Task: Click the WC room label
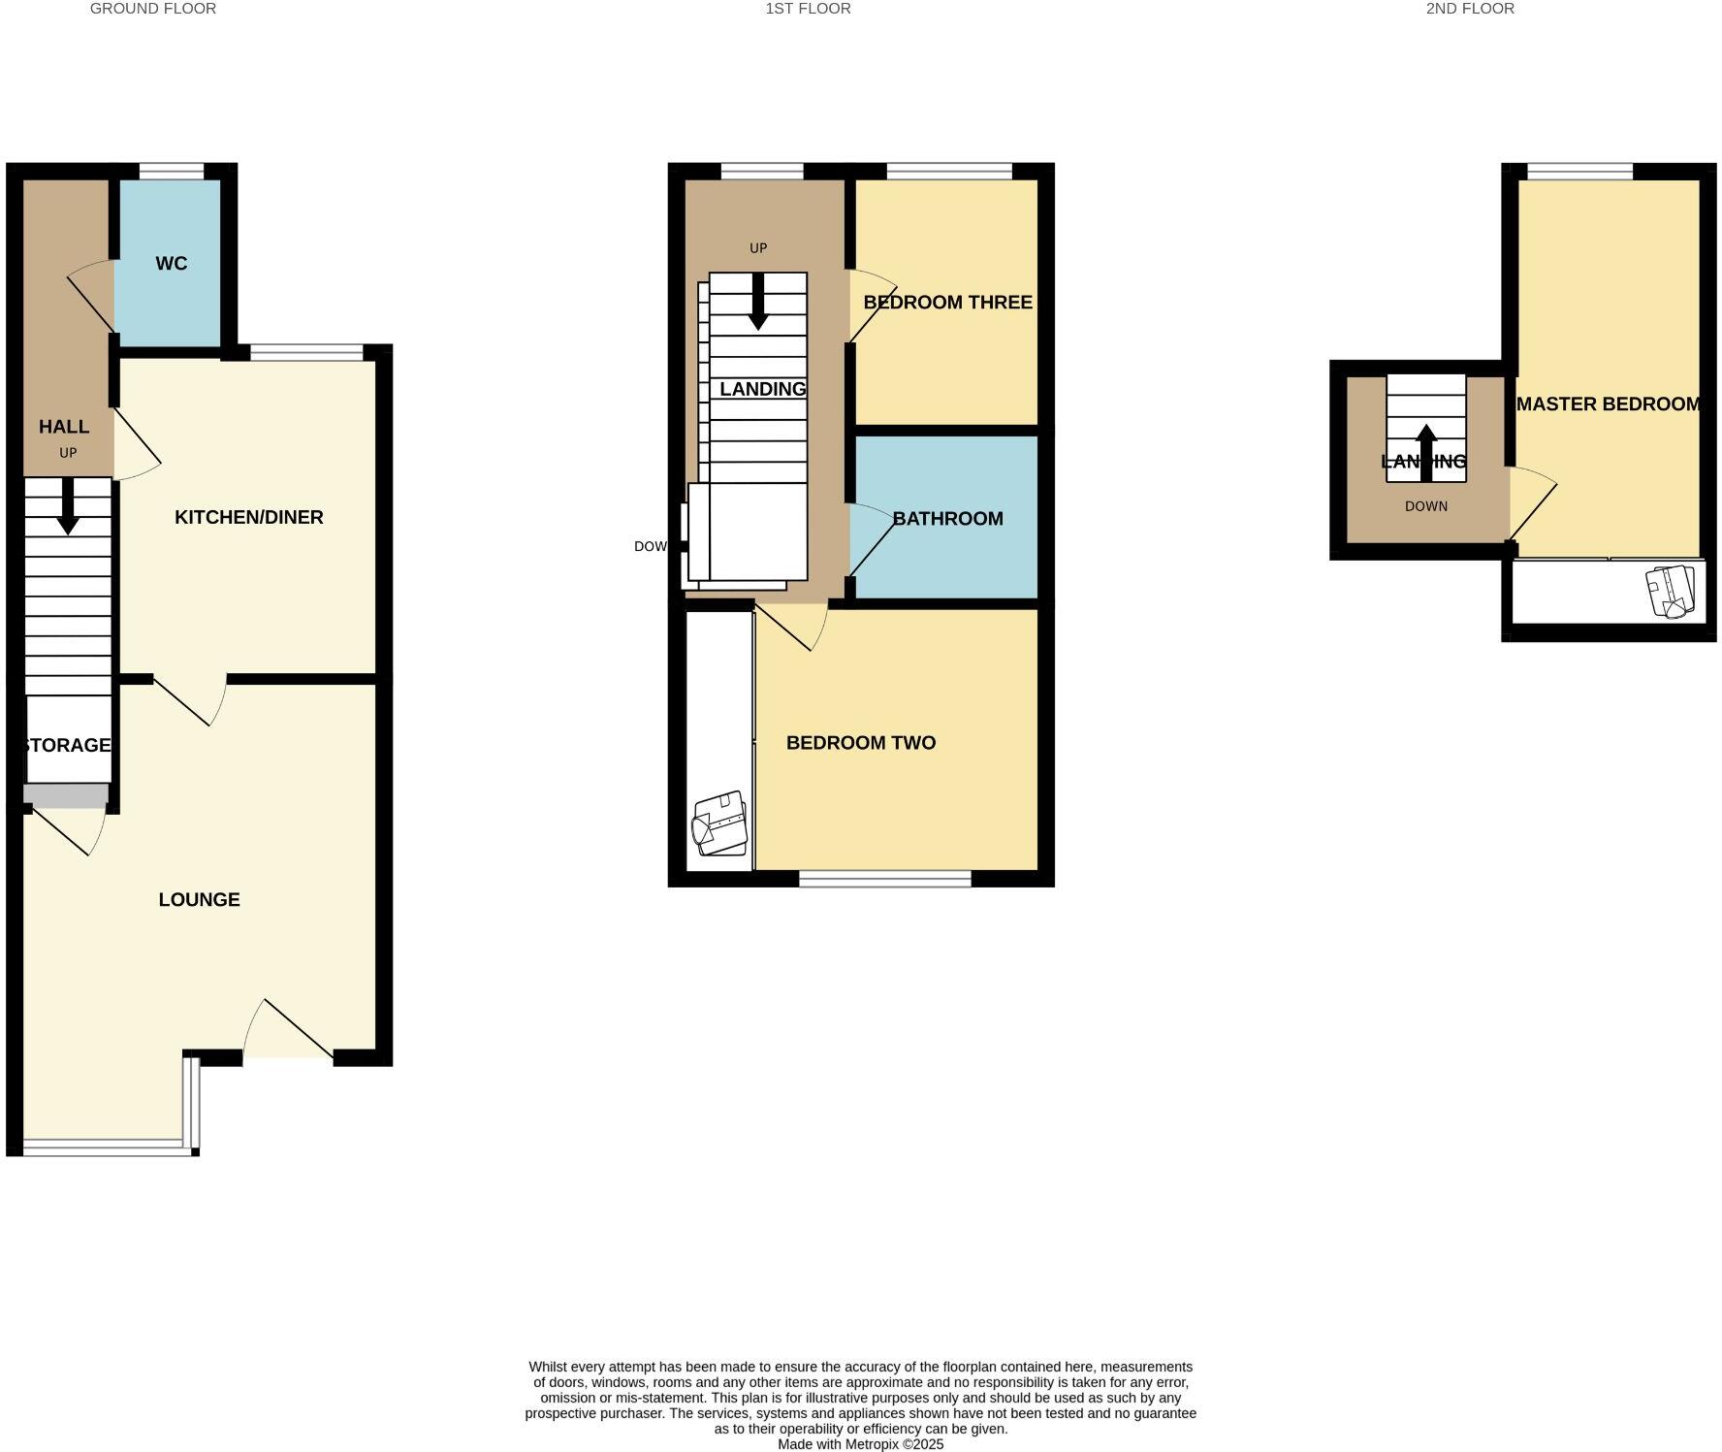pos(171,264)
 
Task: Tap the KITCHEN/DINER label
pos(248,517)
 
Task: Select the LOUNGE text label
pos(199,899)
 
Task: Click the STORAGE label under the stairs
pos(66,745)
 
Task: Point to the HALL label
pos(64,427)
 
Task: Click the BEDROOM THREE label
pos(947,303)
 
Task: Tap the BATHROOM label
pos(947,519)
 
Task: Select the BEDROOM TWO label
pos(860,743)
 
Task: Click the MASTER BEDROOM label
pos(1609,404)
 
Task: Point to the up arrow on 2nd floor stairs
pos(1425,451)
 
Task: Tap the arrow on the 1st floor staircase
pos(758,301)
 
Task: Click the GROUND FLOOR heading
pos(153,9)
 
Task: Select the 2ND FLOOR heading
pos(1469,9)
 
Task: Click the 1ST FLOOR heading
pos(808,9)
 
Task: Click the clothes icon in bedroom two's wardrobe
pos(718,823)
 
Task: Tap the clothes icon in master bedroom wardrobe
pos(1671,592)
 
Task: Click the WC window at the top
pos(172,172)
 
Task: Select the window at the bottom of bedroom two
pos(884,879)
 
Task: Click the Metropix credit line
pos(860,1444)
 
